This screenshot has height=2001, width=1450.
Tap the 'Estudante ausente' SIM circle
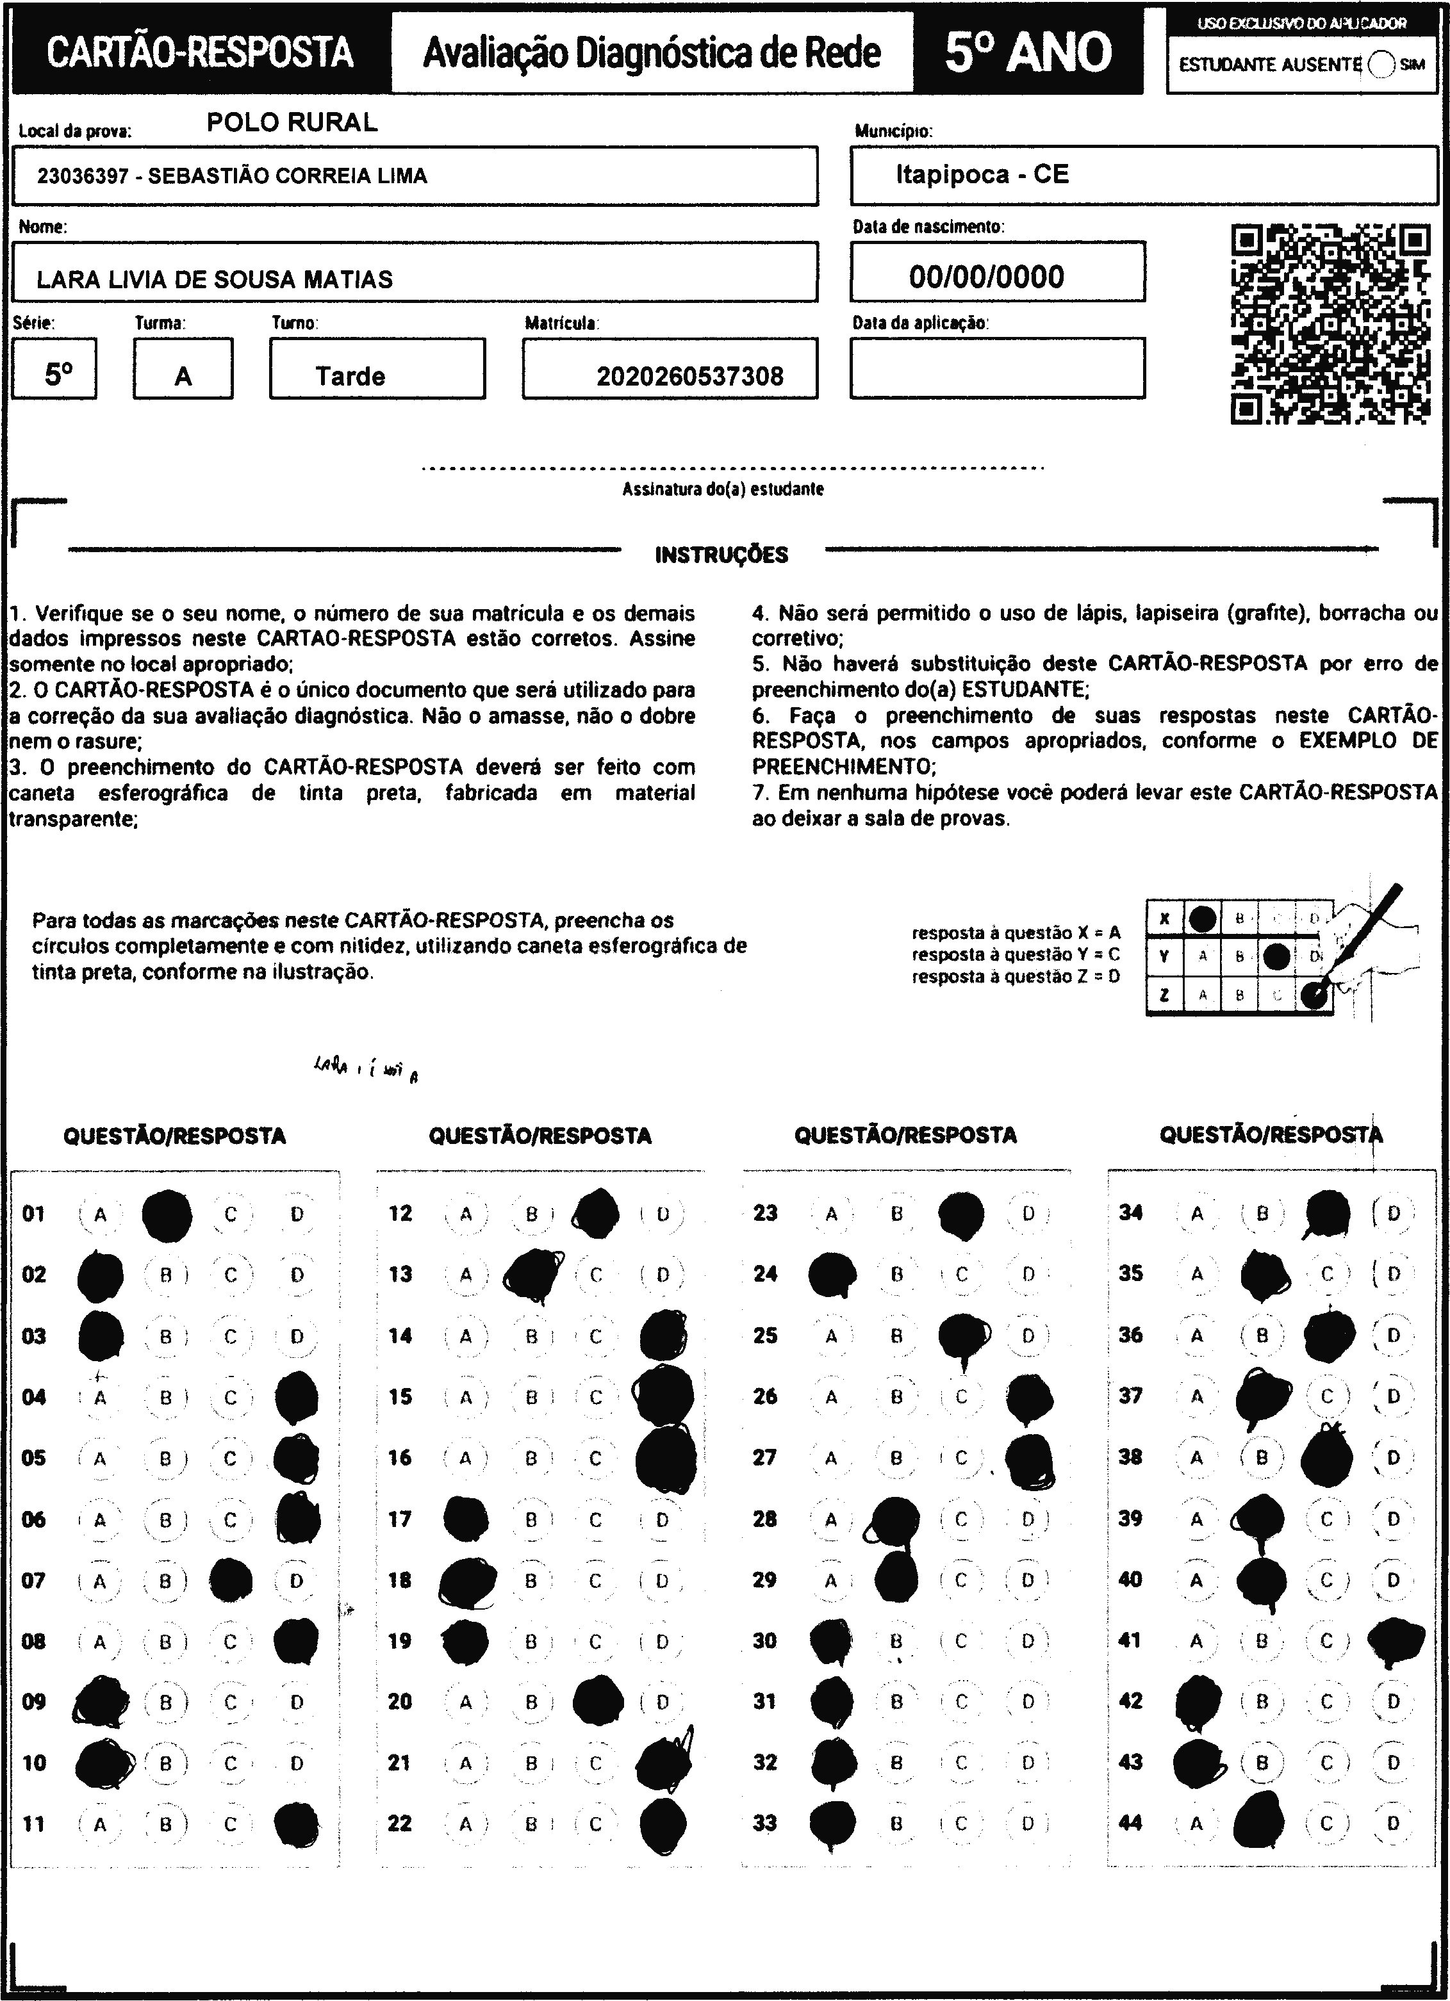(x=1381, y=65)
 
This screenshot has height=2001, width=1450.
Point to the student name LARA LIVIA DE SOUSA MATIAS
(x=215, y=280)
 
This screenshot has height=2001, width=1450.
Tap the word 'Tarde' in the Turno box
(x=350, y=377)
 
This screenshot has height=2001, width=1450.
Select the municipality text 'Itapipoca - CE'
(x=982, y=175)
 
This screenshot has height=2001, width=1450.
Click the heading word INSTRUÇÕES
(x=721, y=555)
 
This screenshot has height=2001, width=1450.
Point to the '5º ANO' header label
(x=1028, y=53)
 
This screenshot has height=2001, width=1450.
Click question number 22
(x=400, y=1824)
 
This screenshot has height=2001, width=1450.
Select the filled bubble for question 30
(x=830, y=1640)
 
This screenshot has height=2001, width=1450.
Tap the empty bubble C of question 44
(x=1326, y=1823)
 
